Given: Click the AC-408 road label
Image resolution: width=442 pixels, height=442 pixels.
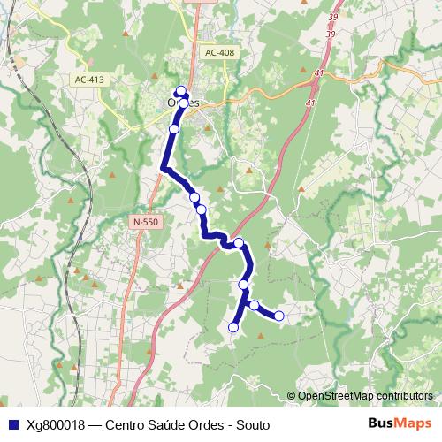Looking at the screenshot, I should coord(219,53).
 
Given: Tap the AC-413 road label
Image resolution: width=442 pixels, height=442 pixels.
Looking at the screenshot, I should coord(89,80).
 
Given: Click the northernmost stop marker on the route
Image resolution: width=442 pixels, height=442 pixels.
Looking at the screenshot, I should coord(180,90).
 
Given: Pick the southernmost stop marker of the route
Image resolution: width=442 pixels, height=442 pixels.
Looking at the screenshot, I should coord(233,327).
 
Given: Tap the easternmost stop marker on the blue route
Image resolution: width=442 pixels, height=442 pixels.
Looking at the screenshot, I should coord(279,316).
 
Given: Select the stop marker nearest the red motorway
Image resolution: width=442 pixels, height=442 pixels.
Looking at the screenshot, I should coord(239,242).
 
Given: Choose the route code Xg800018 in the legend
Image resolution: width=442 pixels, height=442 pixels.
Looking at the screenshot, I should coord(56,424).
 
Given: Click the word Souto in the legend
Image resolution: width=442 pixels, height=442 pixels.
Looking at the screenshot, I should coord(252,424).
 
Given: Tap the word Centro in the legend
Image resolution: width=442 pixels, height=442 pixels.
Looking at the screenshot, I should coord(126,424).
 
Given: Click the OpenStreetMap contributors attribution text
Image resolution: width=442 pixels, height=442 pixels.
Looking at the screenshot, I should coord(365,396).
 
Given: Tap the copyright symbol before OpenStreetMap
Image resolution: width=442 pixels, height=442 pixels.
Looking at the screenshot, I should coord(291,396).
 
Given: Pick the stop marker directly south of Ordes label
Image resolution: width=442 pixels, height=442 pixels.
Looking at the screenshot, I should coord(174,129).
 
